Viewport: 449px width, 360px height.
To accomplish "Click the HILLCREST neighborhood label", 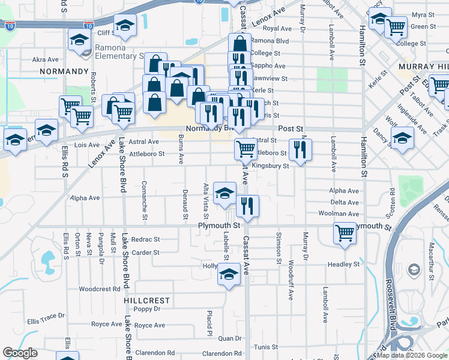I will pos(147,300).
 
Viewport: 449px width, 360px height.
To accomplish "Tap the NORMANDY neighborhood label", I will pos(64,71).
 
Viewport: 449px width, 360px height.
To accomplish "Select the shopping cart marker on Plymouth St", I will pos(345,233).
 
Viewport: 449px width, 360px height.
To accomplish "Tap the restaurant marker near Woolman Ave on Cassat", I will pos(247,206).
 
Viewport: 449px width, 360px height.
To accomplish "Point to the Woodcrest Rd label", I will pos(100,289).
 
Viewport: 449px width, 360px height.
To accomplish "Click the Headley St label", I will pos(344,264).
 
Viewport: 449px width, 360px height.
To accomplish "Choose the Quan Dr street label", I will pos(230,338).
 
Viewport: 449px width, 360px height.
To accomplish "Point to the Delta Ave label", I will pos(345,202).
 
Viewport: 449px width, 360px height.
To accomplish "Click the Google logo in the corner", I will pos(20,353).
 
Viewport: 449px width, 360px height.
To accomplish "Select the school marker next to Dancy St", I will pos(402,139).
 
